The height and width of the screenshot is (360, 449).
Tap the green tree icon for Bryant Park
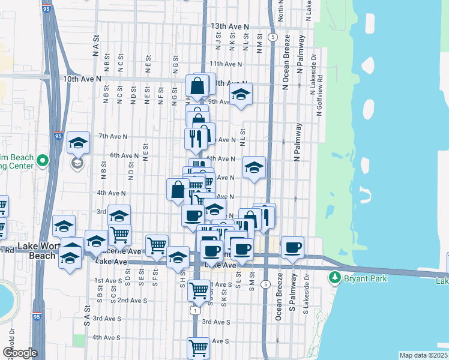[335, 278]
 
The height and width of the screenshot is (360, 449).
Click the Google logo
[19, 353]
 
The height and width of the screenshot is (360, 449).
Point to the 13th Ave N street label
[230, 27]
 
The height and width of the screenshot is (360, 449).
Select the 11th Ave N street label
[225, 64]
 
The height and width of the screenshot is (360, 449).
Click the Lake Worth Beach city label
[37, 251]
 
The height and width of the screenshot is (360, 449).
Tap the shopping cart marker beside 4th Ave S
[198, 346]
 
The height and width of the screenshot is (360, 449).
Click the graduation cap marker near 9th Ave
[241, 94]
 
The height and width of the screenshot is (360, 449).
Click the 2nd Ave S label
[131, 299]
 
